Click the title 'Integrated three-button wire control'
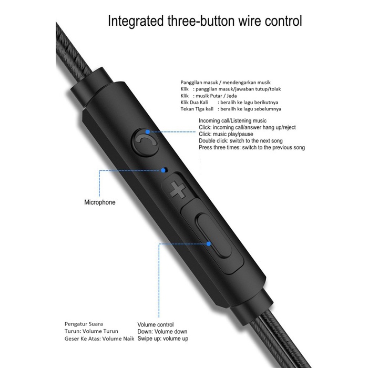(205, 22)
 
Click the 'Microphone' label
(100, 202)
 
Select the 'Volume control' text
(156, 325)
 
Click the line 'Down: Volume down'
(162, 332)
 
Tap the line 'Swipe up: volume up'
(163, 339)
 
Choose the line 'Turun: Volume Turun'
(91, 331)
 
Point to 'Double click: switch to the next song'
(247, 141)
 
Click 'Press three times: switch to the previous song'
(252, 148)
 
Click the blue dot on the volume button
(209, 243)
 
